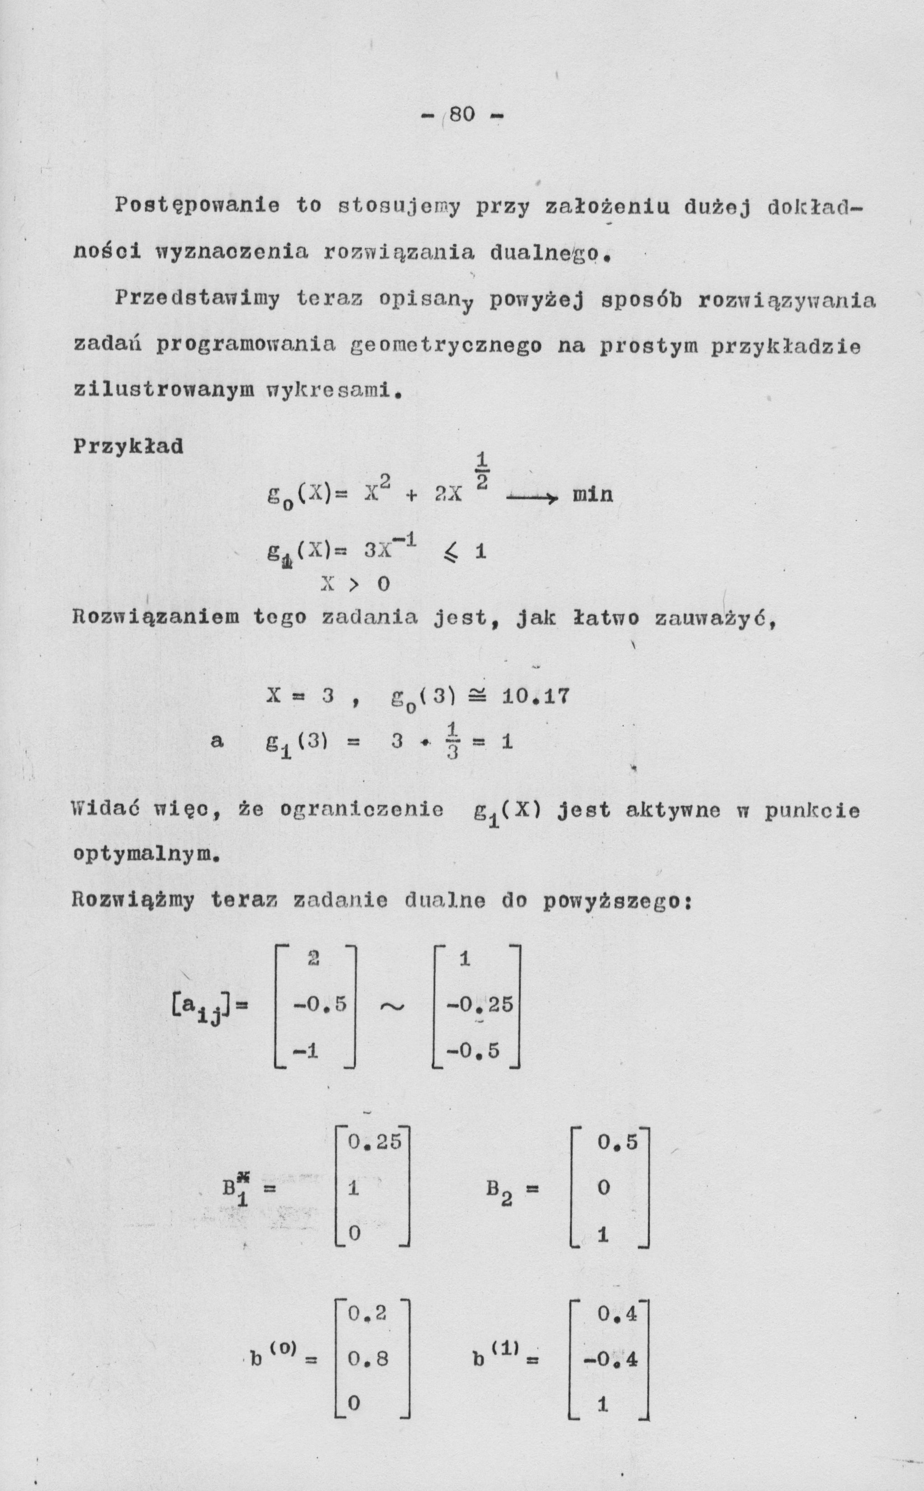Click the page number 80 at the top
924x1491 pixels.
[462, 114]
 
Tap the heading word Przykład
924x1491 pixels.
[128, 446]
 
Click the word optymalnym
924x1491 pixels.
[146, 853]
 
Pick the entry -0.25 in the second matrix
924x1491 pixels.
[479, 1004]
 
